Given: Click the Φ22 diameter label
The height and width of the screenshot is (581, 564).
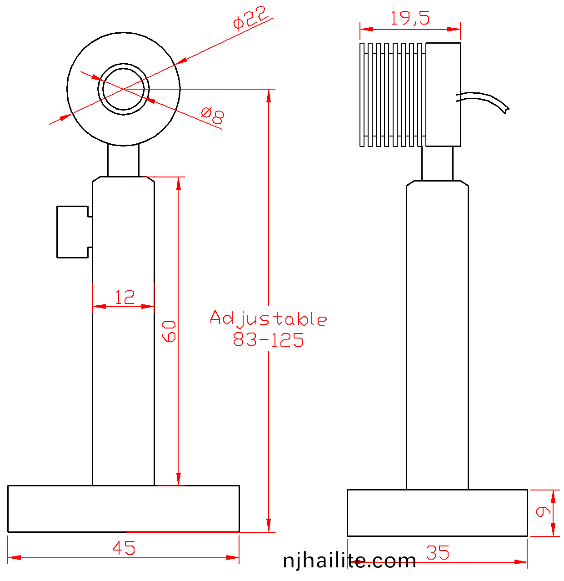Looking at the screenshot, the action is coord(250,18).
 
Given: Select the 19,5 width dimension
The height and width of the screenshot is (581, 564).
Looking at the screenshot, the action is coord(409,18).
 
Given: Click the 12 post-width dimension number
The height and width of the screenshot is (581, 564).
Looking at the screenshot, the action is coord(125,297).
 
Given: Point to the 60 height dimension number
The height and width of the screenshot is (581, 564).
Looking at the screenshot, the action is coord(169,331).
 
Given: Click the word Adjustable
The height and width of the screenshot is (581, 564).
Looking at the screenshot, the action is coord(268,318).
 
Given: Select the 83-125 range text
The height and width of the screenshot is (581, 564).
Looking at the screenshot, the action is coord(268,339).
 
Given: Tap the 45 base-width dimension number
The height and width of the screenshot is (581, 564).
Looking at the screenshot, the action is coord(124,548).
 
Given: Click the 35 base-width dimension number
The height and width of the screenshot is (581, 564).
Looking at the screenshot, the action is coord(437,552).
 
